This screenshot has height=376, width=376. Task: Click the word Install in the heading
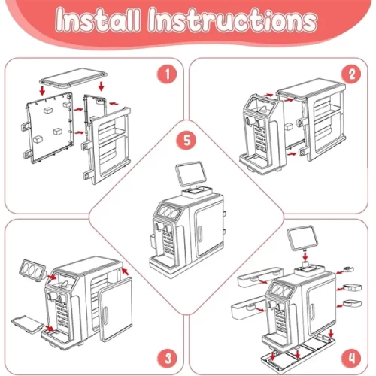(98, 20)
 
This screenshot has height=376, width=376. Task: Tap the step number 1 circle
(167, 74)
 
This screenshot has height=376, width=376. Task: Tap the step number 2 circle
(352, 74)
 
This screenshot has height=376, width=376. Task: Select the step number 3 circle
(167, 358)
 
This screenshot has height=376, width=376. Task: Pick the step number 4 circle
(352, 358)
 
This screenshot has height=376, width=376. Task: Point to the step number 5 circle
(187, 140)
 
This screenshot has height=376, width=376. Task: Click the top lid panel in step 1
(73, 77)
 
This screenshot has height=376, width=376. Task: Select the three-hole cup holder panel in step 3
(32, 270)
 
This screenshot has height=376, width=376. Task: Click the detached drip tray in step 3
(28, 325)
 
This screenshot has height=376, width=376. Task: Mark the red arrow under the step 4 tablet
(305, 256)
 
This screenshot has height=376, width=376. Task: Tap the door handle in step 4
(312, 313)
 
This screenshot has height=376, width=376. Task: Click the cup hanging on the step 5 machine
(153, 241)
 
